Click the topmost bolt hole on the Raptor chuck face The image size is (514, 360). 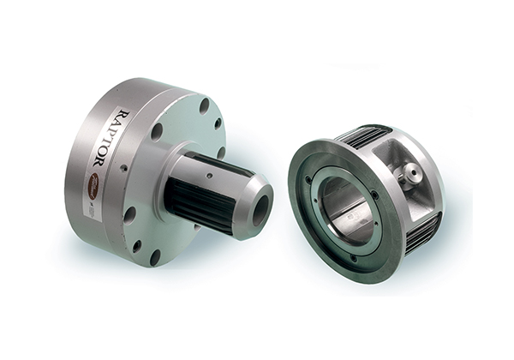[204, 105]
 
